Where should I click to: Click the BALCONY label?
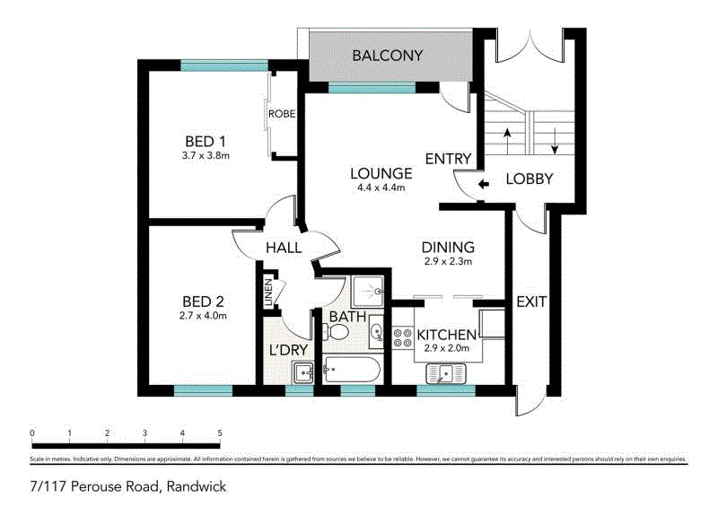tap(387, 56)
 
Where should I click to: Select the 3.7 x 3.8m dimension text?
tap(206, 156)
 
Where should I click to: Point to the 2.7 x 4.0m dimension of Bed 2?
tap(202, 315)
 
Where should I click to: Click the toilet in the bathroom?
tap(339, 333)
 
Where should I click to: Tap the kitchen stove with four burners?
tap(402, 337)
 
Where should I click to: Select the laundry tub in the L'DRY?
tap(303, 371)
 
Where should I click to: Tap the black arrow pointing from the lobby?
tap(484, 185)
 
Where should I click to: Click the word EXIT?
tap(531, 302)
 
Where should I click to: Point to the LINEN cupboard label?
tap(267, 293)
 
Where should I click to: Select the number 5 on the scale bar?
tap(220, 434)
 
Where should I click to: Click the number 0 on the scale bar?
tap(32, 434)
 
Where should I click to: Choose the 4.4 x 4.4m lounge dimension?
tap(381, 188)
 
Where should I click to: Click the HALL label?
tap(283, 248)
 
